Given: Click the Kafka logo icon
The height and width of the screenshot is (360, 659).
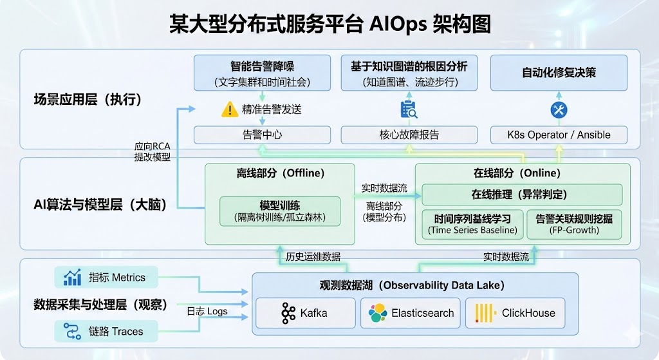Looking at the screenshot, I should pyautogui.click(x=288, y=313).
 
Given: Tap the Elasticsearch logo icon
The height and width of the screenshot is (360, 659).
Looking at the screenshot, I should pyautogui.click(x=378, y=314).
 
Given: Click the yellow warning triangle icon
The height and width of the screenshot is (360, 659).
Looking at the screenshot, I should pyautogui.click(x=230, y=109).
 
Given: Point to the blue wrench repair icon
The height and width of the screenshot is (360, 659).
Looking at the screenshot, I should pyautogui.click(x=559, y=110).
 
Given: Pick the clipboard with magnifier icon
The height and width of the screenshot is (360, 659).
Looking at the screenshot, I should pyautogui.click(x=409, y=109).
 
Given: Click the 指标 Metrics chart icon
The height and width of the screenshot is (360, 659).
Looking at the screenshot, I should pyautogui.click(x=72, y=278).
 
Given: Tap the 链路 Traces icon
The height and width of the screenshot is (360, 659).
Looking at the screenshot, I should pyautogui.click(x=72, y=332).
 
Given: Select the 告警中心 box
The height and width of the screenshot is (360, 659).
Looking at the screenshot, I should pyautogui.click(x=262, y=135).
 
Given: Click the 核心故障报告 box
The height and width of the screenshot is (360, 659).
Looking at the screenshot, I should pyautogui.click(x=409, y=135).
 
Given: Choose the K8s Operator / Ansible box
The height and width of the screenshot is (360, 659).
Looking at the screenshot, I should pyautogui.click(x=559, y=135).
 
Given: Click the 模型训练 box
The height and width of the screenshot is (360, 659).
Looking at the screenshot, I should pyautogui.click(x=280, y=211).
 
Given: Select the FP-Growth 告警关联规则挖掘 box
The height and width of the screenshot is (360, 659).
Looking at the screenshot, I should pyautogui.click(x=574, y=224).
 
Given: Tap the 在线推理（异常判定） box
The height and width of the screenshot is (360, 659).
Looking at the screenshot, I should pyautogui.click(x=521, y=194).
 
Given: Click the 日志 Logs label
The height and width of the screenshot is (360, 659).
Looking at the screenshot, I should pyautogui.click(x=207, y=311).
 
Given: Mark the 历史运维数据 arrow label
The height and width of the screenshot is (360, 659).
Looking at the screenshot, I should pyautogui.click(x=313, y=256).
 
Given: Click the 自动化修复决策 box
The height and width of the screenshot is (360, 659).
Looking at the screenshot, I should pyautogui.click(x=559, y=73).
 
